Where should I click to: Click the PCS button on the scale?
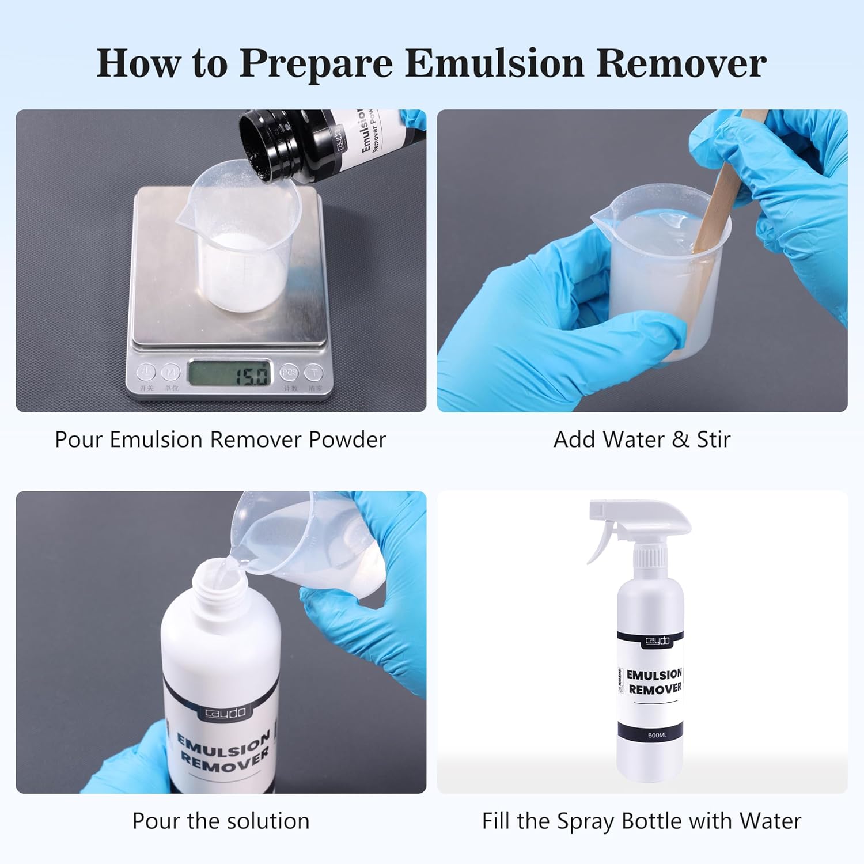[289, 373]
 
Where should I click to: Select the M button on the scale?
[170, 373]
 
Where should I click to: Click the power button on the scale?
[146, 372]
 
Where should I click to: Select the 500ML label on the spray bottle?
[657, 735]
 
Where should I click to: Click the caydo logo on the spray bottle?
[657, 641]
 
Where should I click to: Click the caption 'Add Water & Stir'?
[642, 439]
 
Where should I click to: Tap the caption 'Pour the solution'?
[221, 821]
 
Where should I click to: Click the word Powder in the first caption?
[347, 439]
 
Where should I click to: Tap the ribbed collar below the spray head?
[651, 558]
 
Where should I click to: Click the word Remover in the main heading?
[681, 63]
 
